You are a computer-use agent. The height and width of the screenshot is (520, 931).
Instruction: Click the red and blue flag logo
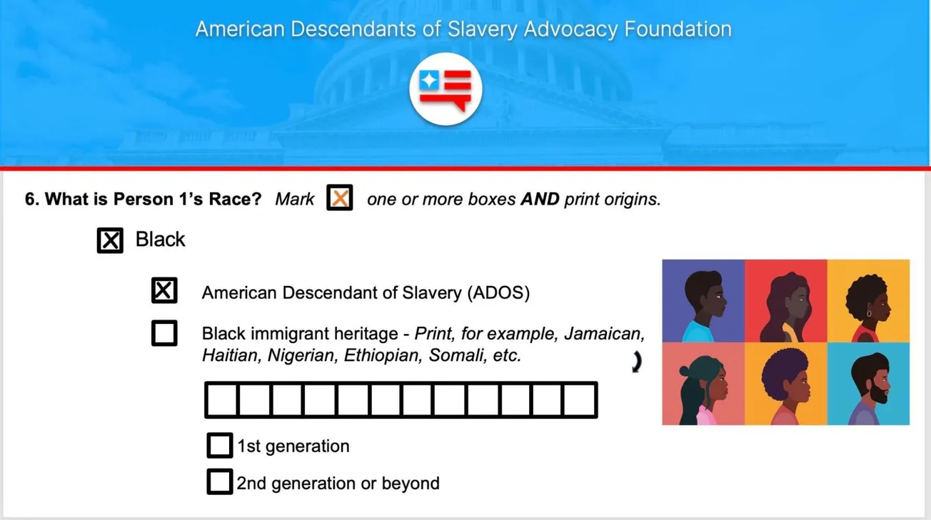pos(446,89)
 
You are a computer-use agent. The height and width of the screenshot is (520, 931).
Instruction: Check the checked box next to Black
pos(110,240)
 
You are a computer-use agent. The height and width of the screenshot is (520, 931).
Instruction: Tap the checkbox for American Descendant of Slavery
pos(164,291)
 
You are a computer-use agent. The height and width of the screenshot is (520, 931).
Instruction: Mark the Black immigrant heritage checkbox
pos(164,333)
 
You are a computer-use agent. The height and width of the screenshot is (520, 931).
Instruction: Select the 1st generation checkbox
pos(219,446)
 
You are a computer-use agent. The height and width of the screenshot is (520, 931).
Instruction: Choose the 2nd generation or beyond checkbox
pos(219,482)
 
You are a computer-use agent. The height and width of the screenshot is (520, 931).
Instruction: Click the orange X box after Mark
pos(340,198)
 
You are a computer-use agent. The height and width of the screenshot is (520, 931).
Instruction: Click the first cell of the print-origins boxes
pos(221,400)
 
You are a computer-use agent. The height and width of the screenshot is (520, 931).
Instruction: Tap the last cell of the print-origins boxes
pos(580,400)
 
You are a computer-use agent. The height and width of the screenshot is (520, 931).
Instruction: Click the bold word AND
pos(540,199)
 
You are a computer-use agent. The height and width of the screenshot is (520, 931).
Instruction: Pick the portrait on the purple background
pos(703,301)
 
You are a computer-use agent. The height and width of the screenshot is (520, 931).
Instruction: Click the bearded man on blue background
pos(869,384)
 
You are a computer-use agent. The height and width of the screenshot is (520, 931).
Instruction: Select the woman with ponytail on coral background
pos(703,384)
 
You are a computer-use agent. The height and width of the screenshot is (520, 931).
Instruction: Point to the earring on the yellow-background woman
pos(869,313)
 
